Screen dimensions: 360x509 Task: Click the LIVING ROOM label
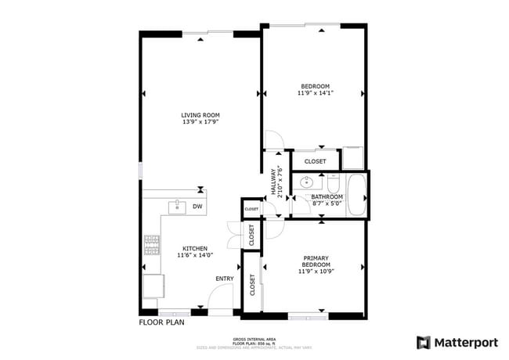coord(200,115)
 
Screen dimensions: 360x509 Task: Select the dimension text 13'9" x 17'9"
coord(200,122)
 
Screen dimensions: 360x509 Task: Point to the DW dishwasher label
coord(197,207)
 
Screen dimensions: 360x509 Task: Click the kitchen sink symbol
coord(177,207)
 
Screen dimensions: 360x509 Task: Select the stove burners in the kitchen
coord(150,247)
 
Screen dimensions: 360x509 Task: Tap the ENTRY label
coord(225,279)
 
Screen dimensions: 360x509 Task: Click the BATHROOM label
coord(327,196)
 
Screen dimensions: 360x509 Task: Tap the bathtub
coord(356,196)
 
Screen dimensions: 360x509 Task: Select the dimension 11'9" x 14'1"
coord(315,93)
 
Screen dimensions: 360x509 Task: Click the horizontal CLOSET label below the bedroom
coord(315,161)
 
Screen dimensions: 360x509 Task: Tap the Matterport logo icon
coord(423,342)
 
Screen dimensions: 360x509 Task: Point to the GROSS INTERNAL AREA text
coord(254,338)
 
